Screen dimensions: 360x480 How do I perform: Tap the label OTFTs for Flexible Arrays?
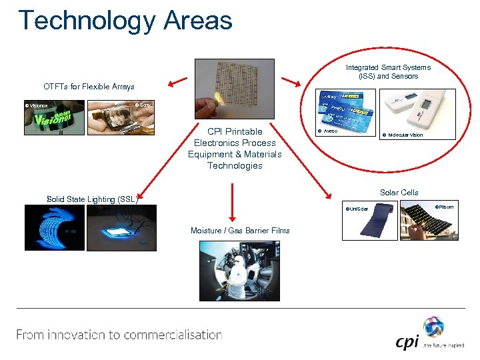[x=89, y=87]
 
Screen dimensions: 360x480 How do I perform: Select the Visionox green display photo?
[x=55, y=117]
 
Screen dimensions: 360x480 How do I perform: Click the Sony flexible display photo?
[x=120, y=117]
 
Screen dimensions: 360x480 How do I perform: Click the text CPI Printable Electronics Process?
[x=235, y=137]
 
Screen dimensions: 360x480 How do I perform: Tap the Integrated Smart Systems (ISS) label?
[x=387, y=71]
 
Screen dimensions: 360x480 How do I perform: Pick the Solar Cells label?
[x=399, y=193]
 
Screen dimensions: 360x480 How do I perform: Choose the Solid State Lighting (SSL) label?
[x=92, y=199]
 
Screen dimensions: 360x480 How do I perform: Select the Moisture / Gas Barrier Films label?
[x=240, y=231]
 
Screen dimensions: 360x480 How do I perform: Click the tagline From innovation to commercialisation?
[x=119, y=335]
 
